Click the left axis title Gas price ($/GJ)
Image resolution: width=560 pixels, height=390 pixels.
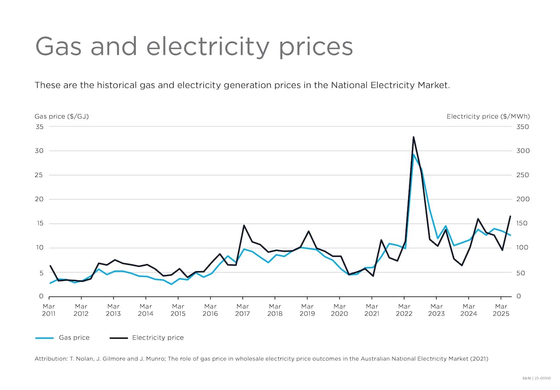[x=62, y=116]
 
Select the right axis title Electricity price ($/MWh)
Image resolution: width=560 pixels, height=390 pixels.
[x=488, y=116]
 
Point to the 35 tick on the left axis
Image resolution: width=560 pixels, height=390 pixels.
[x=39, y=127]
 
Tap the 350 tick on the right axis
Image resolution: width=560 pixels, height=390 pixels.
[x=523, y=127]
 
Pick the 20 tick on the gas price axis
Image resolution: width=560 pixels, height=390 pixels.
[x=39, y=199]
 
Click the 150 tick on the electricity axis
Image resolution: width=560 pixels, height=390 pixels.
[x=523, y=223]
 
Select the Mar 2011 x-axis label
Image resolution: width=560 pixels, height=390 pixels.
[x=49, y=310]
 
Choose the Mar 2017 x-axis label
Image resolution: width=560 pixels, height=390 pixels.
[x=242, y=310]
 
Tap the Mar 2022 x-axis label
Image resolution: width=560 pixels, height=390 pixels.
[x=404, y=310]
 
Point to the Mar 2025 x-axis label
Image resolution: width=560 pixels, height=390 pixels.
[x=501, y=310]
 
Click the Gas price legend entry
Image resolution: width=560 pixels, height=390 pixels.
[x=62, y=338]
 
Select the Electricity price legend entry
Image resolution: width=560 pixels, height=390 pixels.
[x=146, y=338]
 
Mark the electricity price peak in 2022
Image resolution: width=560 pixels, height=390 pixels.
[x=413, y=137]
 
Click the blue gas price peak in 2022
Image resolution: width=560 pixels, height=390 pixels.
[x=413, y=154]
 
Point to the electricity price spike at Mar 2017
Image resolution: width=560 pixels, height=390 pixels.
[x=244, y=226]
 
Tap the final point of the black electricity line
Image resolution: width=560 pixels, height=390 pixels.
[x=510, y=216]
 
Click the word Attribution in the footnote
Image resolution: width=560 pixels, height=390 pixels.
[x=50, y=359]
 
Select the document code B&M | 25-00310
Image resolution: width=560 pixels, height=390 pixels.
[x=539, y=377]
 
